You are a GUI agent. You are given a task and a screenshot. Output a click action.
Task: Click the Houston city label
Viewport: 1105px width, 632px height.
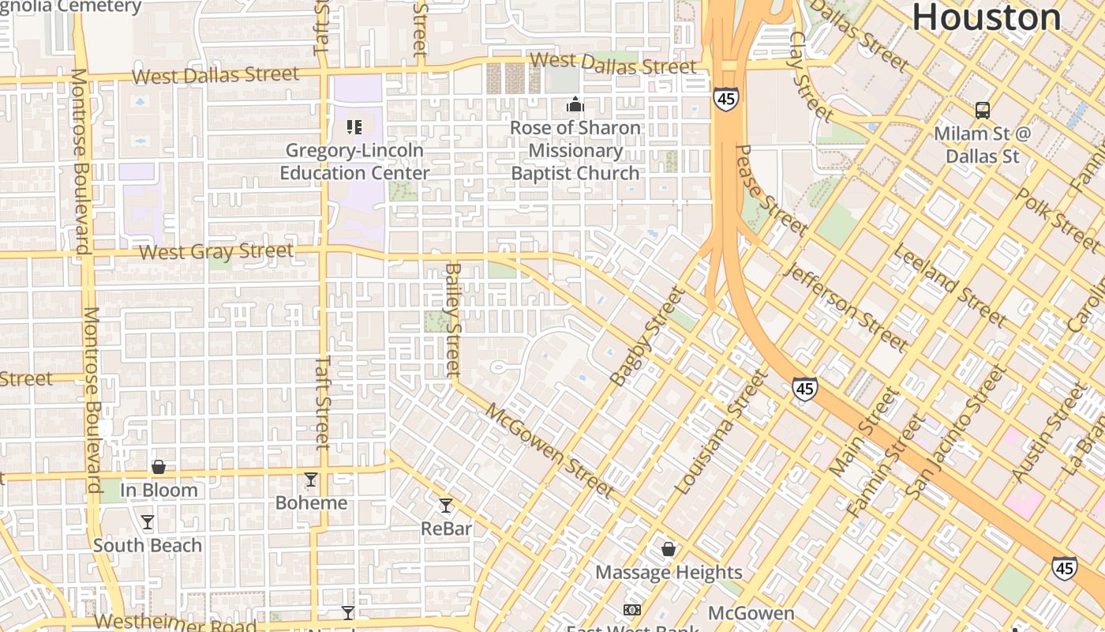(x=986, y=17)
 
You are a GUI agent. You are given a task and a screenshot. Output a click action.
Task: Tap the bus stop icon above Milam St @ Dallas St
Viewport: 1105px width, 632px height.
(x=983, y=110)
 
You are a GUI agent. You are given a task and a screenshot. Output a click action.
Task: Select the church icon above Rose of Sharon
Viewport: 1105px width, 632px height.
(x=575, y=104)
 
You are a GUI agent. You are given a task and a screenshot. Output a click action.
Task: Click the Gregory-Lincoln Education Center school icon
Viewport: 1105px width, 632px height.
(x=354, y=126)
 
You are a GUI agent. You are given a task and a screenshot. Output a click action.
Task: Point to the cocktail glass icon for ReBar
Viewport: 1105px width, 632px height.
(x=446, y=505)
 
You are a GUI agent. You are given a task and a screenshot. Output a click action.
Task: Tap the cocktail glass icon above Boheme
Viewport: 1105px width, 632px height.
(x=311, y=479)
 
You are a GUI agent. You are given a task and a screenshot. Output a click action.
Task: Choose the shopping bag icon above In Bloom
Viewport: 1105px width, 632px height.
(x=159, y=466)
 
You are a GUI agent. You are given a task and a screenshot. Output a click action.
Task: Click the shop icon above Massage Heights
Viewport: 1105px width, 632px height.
(x=669, y=548)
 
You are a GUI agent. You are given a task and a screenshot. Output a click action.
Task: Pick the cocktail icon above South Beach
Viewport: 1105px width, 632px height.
(x=148, y=521)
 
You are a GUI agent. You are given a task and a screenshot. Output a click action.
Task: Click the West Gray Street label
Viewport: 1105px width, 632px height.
(x=216, y=252)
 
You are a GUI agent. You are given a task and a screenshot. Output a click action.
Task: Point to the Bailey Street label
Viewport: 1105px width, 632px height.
(x=452, y=319)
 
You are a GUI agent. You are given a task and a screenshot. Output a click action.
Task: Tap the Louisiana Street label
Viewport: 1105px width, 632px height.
(x=721, y=433)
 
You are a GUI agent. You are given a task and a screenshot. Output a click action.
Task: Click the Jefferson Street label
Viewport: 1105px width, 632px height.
(x=845, y=307)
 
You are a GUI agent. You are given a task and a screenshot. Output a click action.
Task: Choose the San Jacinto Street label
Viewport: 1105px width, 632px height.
(x=956, y=432)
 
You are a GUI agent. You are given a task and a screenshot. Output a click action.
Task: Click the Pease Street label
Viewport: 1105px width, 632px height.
(x=770, y=190)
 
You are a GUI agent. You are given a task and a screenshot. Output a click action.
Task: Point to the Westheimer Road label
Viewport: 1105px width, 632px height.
(x=175, y=623)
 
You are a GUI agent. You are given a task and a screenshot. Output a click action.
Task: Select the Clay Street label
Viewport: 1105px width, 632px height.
(x=811, y=77)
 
